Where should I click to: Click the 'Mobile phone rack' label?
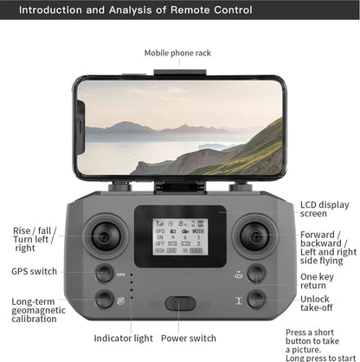coord(177,53)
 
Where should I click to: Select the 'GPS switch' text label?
coord(34,271)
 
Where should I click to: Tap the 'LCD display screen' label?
coord(325,210)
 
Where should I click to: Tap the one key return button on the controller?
coord(256,275)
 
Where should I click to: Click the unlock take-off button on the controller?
coord(256,299)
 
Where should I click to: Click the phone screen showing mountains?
coord(180,129)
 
